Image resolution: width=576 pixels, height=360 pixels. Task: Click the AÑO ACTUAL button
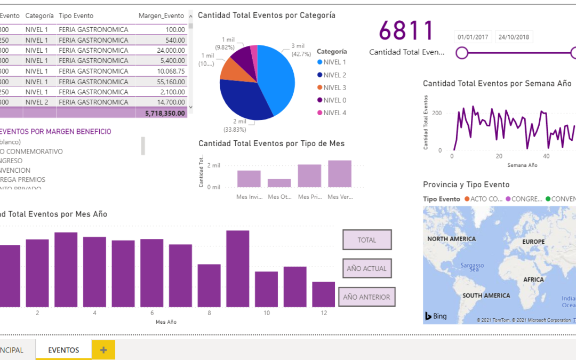pos(367,268)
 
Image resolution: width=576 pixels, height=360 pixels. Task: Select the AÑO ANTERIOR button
pos(366,297)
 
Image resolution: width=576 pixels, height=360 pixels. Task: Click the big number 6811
pos(406,31)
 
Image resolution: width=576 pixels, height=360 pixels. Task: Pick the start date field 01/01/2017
pos(473,37)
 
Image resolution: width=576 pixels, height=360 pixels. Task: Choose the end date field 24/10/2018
pos(514,37)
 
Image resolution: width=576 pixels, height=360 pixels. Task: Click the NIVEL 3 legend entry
pos(334,87)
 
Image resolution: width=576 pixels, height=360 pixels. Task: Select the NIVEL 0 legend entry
pos(334,100)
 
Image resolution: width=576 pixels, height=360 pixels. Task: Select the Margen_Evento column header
pos(161,16)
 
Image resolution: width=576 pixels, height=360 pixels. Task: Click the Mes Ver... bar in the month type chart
pos(340,173)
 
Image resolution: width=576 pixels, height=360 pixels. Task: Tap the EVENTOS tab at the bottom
pos(63,350)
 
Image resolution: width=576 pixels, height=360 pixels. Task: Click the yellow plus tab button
pos(103,350)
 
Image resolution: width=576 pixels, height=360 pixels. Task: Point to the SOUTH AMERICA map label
pos(486,295)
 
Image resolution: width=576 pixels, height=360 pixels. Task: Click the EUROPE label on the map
pos(533,242)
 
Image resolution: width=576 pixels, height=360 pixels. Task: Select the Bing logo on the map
pos(436,316)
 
